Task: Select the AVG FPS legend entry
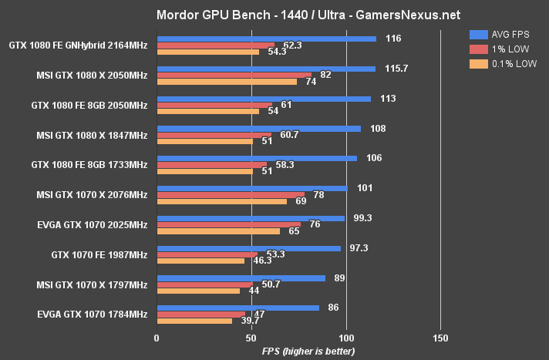click(501, 35)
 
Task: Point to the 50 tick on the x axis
click(251, 338)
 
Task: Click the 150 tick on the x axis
click(440, 338)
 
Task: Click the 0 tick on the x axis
click(157, 338)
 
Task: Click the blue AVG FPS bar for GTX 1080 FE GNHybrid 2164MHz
click(266, 39)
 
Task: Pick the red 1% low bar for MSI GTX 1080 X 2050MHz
click(234, 75)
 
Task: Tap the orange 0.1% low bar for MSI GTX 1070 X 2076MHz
click(222, 201)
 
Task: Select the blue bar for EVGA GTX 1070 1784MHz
click(237, 308)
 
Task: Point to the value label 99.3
click(362, 218)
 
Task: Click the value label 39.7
click(248, 321)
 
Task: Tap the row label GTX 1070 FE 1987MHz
click(99, 254)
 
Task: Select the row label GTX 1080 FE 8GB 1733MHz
click(89, 165)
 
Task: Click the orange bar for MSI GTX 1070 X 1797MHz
click(198, 291)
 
